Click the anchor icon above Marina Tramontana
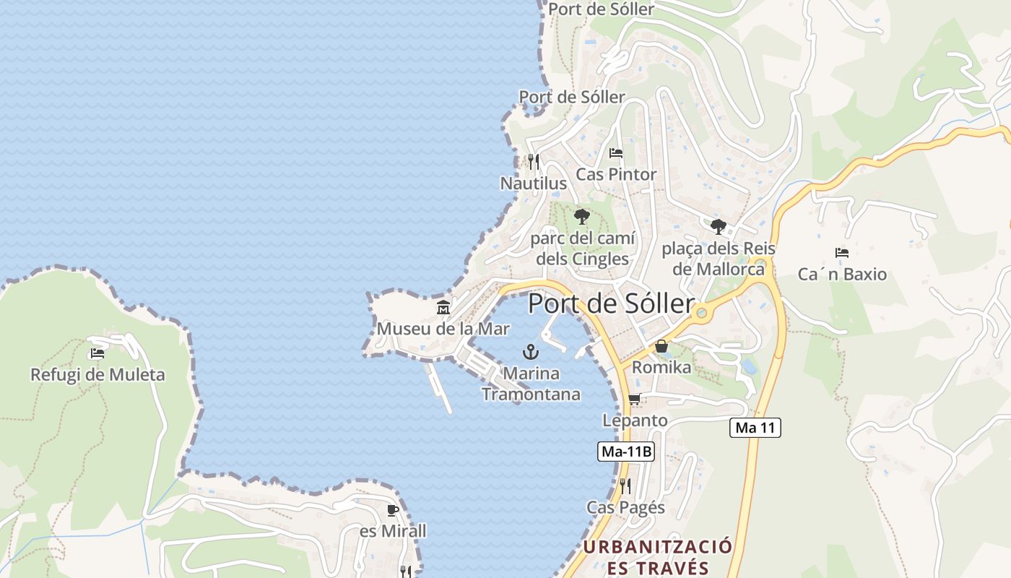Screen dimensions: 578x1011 [x=531, y=352]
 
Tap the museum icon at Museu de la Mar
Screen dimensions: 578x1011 [x=443, y=308]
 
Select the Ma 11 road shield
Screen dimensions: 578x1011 [x=755, y=428]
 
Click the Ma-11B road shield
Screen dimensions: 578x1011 [x=627, y=452]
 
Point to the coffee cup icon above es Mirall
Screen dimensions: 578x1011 [x=392, y=510]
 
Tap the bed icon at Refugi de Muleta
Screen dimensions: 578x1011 [x=97, y=353]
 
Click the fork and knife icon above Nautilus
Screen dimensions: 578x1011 [x=534, y=161]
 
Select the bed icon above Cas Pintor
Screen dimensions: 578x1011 [x=616, y=152]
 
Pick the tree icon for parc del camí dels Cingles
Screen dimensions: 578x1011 [x=581, y=216]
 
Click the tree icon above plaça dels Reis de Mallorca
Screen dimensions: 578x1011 [x=718, y=226]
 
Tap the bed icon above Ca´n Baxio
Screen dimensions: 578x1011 [x=841, y=253]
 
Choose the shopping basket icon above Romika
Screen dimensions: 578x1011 [x=661, y=346]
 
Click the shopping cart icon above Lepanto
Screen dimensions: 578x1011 [x=634, y=399]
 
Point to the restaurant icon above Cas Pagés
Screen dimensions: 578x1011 [x=625, y=486]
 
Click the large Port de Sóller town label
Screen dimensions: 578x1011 [x=611, y=303]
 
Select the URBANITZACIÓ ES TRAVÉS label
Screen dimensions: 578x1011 [x=657, y=556]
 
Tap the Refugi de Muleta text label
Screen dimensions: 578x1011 [x=97, y=375]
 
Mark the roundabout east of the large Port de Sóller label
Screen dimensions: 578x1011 [x=700, y=313]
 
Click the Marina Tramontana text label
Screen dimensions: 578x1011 [x=531, y=384]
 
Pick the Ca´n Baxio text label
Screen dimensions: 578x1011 [x=842, y=275]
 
